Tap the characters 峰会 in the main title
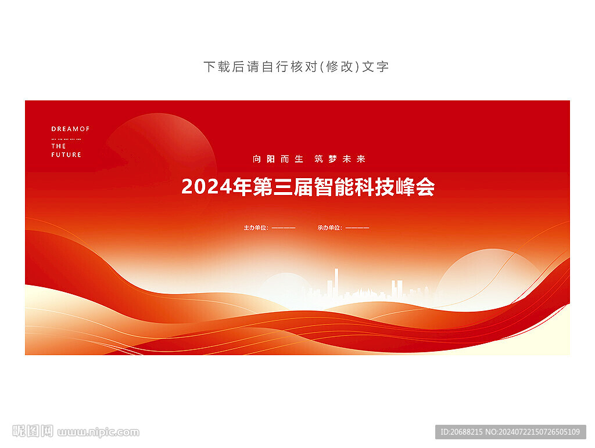415,186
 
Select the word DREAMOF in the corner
70,129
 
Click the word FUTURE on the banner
66,154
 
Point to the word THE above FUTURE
59,146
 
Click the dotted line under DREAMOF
66,139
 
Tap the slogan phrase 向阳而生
278,159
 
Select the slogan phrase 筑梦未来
339,159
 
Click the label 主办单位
256,228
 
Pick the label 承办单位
330,228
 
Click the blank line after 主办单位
284,228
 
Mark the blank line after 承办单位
357,228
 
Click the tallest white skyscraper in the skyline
336,283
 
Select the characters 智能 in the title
334,186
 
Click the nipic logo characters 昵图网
33,431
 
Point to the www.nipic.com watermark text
98,432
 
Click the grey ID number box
510,432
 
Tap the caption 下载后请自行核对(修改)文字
296,67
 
